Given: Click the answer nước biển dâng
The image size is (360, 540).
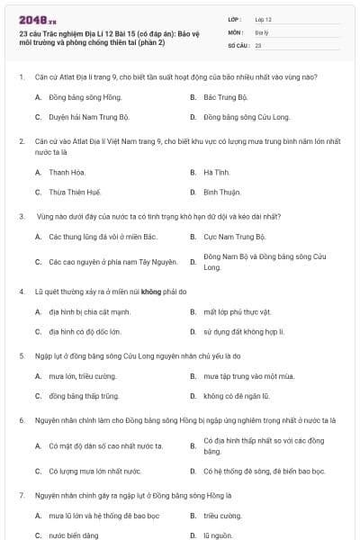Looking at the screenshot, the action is [x=74, y=535].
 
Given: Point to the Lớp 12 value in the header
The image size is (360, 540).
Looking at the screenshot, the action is [x=263, y=18].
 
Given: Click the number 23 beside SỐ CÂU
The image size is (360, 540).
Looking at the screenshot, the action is [x=258, y=44].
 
